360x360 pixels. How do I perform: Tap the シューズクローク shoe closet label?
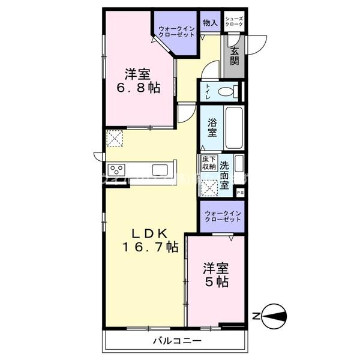pos(235,23)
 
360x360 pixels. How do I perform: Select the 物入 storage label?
pos(210,23)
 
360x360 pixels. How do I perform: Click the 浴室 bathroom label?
pos(212,128)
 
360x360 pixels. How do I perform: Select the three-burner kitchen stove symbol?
pos(116,169)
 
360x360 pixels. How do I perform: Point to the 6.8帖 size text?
pos(139,88)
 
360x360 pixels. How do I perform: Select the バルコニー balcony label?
pos(176,341)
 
